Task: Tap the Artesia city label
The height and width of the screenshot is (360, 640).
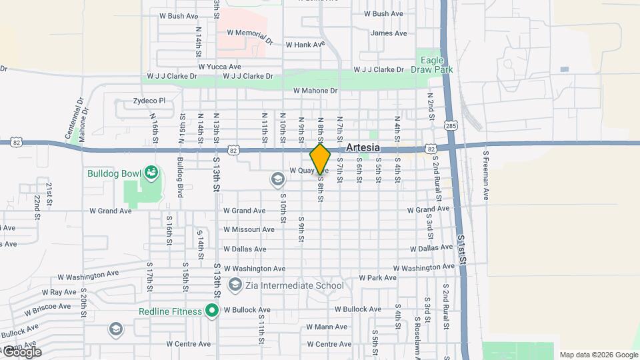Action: pos(363,147)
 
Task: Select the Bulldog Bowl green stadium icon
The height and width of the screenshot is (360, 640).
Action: pos(151,173)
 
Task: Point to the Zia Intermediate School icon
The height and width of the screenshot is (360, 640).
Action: pos(235,285)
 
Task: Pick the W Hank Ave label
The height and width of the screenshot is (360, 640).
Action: pos(305,45)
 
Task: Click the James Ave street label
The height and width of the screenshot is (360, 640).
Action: pos(389,33)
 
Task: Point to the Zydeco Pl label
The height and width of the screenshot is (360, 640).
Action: pos(149,101)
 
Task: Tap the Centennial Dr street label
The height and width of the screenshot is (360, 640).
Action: pos(73,119)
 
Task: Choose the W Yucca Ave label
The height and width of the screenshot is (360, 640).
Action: pos(219,67)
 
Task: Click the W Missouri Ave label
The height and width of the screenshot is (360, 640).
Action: pos(249,229)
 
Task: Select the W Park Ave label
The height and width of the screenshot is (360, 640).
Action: pos(377,278)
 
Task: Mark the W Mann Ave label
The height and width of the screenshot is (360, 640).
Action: pos(327,327)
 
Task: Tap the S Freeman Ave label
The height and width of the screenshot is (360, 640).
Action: pos(486,175)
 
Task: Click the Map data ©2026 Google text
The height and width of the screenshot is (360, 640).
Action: pos(599,355)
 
